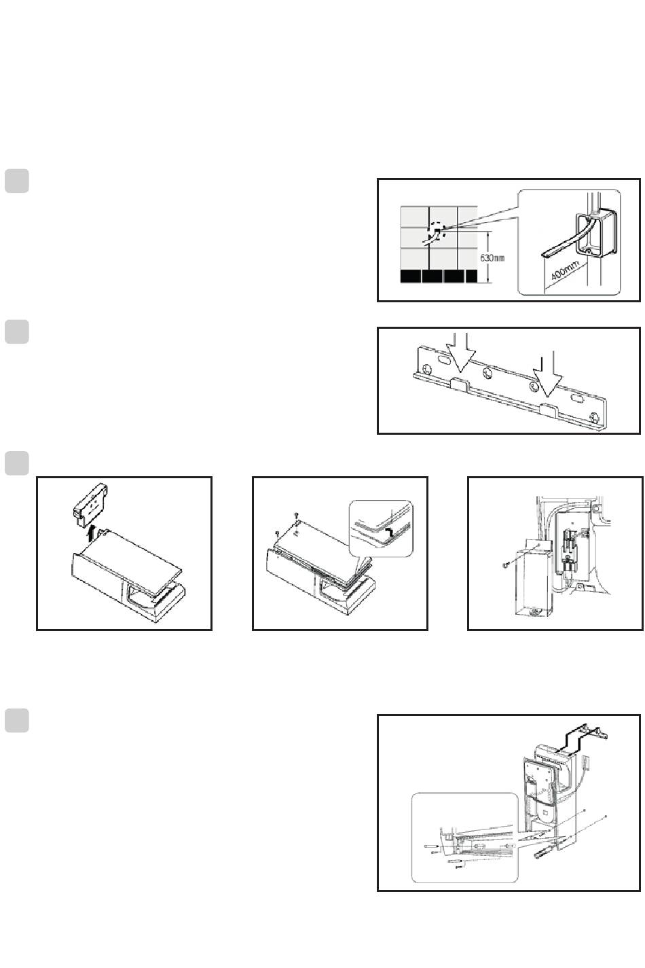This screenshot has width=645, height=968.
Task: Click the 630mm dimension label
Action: coord(492,258)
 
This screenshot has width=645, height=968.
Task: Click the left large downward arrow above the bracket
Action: coord(460,351)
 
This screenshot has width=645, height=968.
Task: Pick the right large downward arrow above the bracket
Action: coord(547,374)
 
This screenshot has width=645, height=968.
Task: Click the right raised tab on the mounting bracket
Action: coord(549,408)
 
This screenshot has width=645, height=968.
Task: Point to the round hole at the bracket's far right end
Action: coord(595,418)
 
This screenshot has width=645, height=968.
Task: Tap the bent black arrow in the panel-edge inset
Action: coord(388,533)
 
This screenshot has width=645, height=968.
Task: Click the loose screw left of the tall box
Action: coord(506,564)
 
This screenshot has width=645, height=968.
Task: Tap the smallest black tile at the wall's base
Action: coord(472,276)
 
